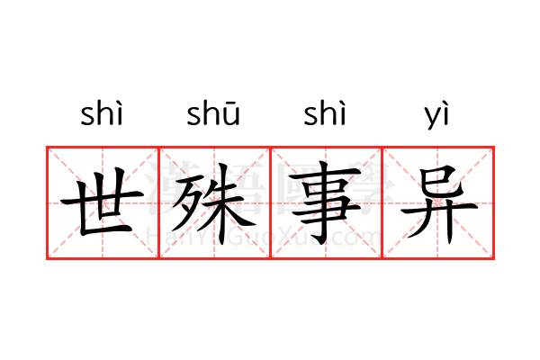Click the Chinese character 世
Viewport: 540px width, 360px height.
pos(103,202)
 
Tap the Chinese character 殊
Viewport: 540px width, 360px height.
pos(214,203)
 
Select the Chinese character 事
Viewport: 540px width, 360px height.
pos(326,202)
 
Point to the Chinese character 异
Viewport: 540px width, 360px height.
pos(439,204)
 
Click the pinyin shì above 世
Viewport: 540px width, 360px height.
pos(102,112)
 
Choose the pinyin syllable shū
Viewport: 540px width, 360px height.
pos(213,112)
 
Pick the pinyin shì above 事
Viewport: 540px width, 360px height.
pos(324,112)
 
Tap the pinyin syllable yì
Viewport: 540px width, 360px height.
pos(436,114)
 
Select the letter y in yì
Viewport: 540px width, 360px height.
pos(432,119)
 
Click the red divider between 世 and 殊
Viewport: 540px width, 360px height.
pos(158,202)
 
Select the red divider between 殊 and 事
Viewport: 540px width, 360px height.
pos(270,202)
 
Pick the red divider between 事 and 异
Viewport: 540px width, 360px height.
pos(382,202)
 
